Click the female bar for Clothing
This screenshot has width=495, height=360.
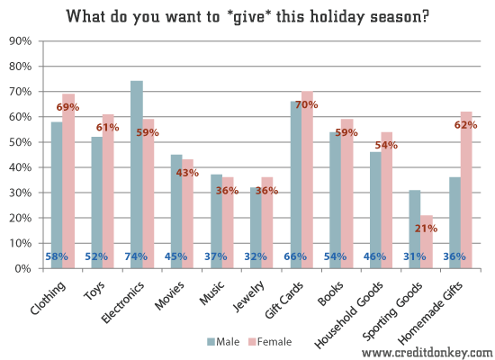68,180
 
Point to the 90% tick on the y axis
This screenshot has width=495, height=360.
21,41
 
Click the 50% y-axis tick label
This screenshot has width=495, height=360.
21,142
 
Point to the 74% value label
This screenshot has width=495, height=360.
136,256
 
